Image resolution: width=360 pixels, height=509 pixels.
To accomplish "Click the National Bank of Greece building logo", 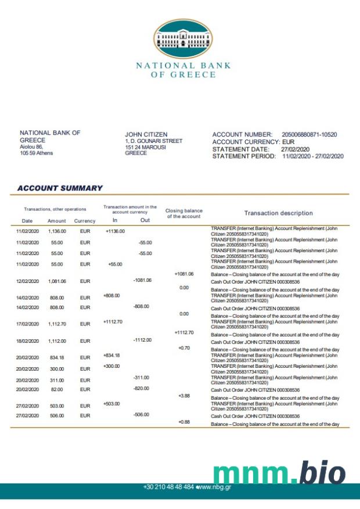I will tap(183, 40).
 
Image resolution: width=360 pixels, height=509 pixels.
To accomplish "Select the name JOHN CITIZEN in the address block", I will tap(146, 135).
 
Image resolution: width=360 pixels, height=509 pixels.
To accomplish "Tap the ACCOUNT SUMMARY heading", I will tap(60, 188).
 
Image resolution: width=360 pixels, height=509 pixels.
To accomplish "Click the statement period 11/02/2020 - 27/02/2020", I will tap(313, 156).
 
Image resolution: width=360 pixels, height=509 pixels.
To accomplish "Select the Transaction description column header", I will tap(278, 213).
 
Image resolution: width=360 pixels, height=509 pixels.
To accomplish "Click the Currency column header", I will tap(85, 221).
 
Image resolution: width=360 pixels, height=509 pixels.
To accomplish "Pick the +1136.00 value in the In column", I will tap(116, 231).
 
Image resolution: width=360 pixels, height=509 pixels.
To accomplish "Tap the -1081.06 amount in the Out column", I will tap(142, 280).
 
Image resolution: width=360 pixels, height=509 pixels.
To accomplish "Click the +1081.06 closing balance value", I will tap(184, 274).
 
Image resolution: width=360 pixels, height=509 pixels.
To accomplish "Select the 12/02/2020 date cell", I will tap(27, 281).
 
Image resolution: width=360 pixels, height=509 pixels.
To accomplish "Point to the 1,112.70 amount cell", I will tap(57, 324).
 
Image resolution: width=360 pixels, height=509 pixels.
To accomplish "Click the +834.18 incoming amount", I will tap(111, 355).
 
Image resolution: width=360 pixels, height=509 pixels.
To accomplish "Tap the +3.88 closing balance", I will tap(184, 396).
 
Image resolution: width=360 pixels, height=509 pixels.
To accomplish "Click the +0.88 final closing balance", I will tap(184, 421).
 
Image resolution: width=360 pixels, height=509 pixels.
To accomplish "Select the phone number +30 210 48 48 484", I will tap(168, 486).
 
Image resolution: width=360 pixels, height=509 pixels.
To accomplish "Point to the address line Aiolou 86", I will tap(31, 147).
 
